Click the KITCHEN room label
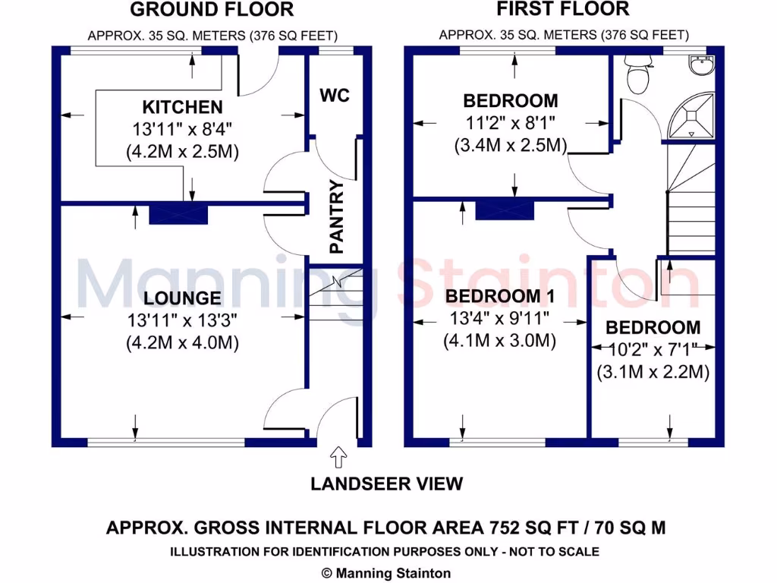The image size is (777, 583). tap(182, 107)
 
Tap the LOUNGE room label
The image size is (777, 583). tap(182, 298)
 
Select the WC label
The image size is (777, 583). tap(335, 96)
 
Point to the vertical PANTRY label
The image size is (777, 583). tap(336, 217)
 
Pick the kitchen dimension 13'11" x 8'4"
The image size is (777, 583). tap(182, 129)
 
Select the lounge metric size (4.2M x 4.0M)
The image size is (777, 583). tap(182, 342)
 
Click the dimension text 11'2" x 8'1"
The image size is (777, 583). tap(510, 122)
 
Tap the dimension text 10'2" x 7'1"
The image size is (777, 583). tap(653, 350)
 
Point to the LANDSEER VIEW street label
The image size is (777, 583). tap(386, 484)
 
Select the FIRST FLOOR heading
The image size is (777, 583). tap(562, 9)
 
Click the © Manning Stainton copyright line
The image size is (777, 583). tap(386, 573)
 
